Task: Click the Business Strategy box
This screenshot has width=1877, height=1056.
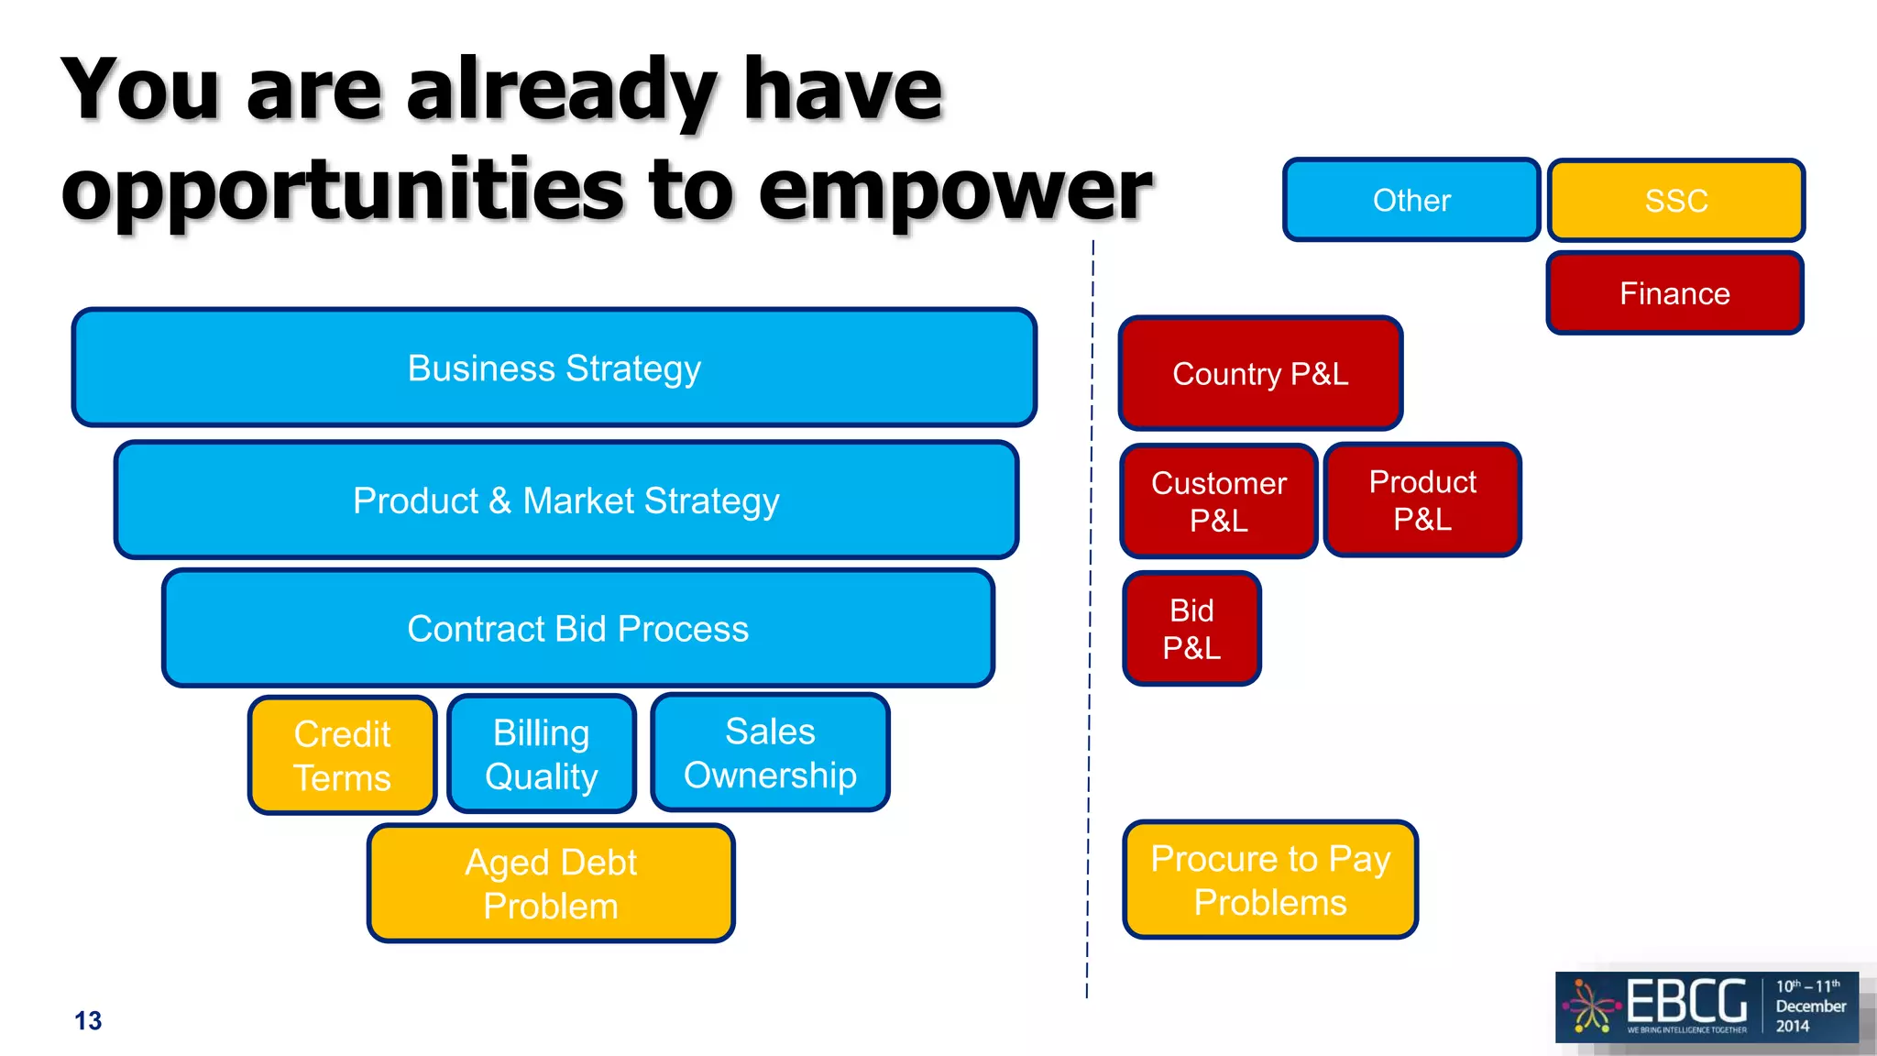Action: click(x=554, y=368)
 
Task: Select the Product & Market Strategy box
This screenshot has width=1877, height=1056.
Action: click(x=566, y=500)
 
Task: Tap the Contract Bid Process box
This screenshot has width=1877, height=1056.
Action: click(x=578, y=629)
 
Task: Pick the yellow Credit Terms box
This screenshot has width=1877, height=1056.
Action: click(x=342, y=755)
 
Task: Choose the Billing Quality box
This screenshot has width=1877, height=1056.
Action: click(x=542, y=754)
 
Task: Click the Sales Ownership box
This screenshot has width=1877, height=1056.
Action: click(x=770, y=753)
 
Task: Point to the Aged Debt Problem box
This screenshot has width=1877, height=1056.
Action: click(x=551, y=884)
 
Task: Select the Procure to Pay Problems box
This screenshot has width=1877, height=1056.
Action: click(x=1270, y=880)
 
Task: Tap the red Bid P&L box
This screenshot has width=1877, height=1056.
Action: click(x=1191, y=629)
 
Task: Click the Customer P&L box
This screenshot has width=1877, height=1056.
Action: click(x=1219, y=501)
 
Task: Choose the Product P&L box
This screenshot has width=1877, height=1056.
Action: click(x=1422, y=500)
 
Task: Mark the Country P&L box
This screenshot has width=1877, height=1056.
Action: click(x=1260, y=373)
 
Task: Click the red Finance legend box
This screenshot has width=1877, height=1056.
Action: click(x=1674, y=293)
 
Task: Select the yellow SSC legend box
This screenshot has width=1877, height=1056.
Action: click(x=1675, y=200)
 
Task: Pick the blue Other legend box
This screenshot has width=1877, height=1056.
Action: click(x=1411, y=200)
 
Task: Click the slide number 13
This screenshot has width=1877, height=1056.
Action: click(x=88, y=1020)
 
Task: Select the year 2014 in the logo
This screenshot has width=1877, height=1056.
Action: click(x=1793, y=1026)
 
